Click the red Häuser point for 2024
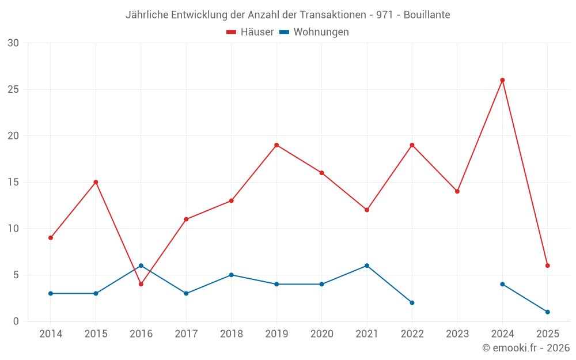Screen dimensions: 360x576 (x=502, y=80)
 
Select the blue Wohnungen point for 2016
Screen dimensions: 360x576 (x=141, y=266)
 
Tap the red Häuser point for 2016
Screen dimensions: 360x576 (x=141, y=284)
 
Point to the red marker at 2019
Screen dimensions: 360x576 (x=276, y=145)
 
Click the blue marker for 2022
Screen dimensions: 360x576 (x=412, y=302)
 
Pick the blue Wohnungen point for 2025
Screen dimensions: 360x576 (x=548, y=312)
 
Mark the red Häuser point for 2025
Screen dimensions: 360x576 (x=548, y=266)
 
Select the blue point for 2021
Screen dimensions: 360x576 (x=367, y=266)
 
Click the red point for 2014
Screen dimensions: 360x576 (x=51, y=238)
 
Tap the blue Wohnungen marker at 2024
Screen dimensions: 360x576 (x=502, y=284)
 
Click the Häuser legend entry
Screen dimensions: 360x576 (x=250, y=32)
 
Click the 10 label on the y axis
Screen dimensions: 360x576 (x=13, y=229)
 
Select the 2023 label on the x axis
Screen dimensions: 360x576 (x=457, y=334)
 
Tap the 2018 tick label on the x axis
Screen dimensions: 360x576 (x=231, y=334)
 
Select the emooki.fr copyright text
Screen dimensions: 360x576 (x=525, y=348)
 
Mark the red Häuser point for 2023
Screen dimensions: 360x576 (x=457, y=191)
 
